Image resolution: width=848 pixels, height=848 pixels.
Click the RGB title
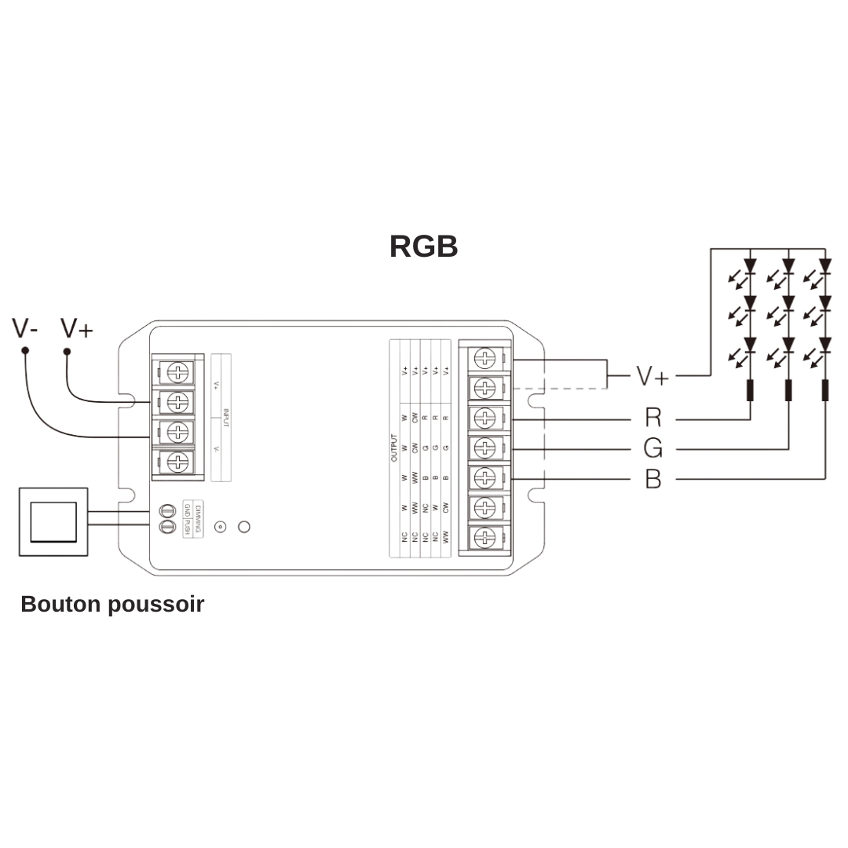423,247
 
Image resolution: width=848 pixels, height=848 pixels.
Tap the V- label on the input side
25,328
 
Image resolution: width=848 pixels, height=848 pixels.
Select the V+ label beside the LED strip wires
652,376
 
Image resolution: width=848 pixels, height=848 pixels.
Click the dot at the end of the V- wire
25,351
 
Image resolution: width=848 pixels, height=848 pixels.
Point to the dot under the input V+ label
67,351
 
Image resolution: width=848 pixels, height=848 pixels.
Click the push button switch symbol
53,522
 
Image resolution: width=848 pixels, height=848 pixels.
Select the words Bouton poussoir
112,604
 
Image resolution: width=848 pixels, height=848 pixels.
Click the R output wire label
652,418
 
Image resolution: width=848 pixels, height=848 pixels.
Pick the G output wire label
652,448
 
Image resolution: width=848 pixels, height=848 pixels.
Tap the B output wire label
652,478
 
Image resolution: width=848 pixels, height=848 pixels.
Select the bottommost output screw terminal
485,538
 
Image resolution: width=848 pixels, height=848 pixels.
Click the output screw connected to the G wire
485,448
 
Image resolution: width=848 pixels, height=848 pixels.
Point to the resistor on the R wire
750,389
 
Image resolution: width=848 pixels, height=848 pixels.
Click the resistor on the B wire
824,389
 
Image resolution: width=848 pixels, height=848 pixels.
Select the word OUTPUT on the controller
394,448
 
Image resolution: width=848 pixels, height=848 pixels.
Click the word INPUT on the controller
226,417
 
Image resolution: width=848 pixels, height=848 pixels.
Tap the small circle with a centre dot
221,527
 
